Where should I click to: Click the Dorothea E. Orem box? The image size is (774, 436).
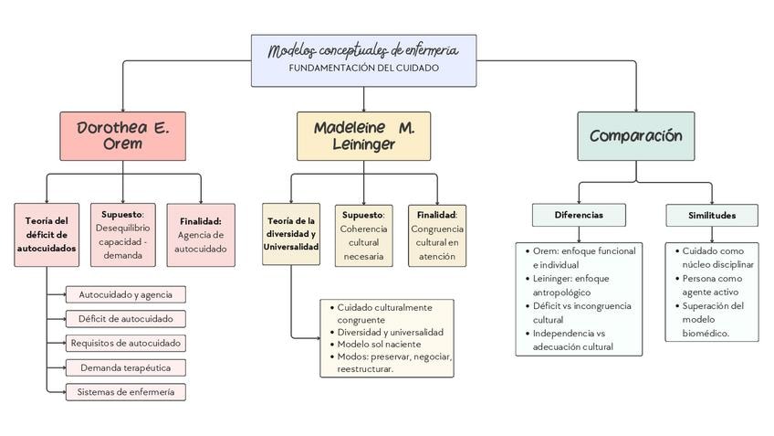123,136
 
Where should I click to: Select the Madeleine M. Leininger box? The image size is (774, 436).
364,136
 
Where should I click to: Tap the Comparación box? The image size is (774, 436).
636,136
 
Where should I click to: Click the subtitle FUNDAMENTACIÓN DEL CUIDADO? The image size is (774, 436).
364,69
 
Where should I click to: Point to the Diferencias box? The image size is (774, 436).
579,215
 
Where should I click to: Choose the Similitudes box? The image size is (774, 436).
712,215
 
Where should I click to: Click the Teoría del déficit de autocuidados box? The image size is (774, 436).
47,235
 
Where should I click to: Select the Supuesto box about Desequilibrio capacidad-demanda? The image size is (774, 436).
123,235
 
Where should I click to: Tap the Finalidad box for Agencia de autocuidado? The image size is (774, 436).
201,235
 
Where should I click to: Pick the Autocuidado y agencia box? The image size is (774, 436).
126,294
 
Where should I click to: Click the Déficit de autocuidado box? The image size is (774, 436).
126,319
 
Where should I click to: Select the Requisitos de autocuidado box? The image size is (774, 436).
126,343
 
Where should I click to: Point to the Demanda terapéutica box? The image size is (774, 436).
126,367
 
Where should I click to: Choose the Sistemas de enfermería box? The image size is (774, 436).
126,392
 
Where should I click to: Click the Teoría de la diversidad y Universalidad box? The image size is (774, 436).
291,234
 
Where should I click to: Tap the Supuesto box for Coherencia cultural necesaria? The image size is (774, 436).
364,236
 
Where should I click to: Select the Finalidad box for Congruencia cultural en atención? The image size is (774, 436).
437,236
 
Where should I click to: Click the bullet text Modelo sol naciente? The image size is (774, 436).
379,344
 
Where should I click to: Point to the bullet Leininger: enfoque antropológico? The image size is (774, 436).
570,285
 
